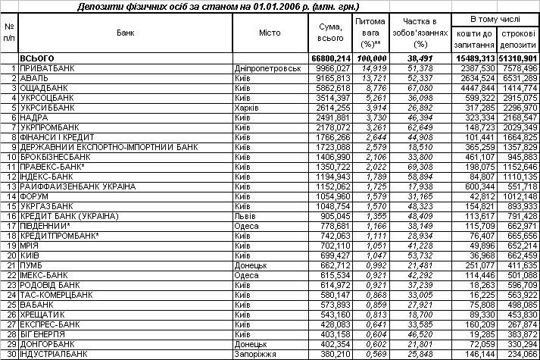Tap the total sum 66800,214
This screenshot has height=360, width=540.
pyautogui.click(x=331, y=58)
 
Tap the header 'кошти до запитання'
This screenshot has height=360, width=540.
pyautogui.click(x=476, y=39)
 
